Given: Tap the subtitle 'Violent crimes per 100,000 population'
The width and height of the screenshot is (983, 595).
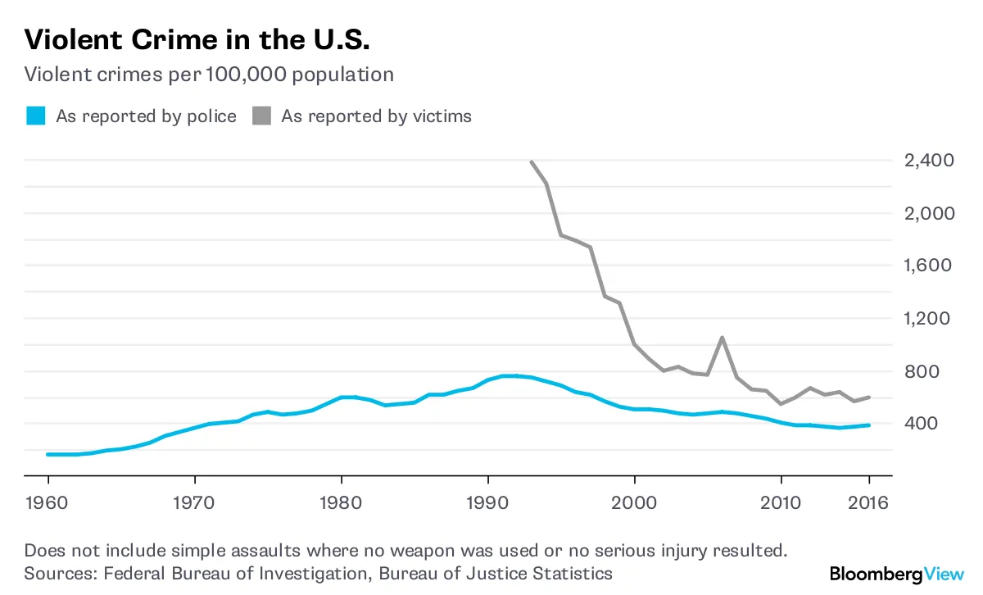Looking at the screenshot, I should [209, 75].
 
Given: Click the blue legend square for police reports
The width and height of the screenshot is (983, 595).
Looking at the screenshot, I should [35, 116].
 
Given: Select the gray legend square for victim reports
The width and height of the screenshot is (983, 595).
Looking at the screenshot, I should [261, 116].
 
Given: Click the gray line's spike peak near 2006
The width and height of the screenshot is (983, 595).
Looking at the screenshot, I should [722, 337].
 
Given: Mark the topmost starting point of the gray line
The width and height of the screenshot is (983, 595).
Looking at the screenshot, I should [532, 161].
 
